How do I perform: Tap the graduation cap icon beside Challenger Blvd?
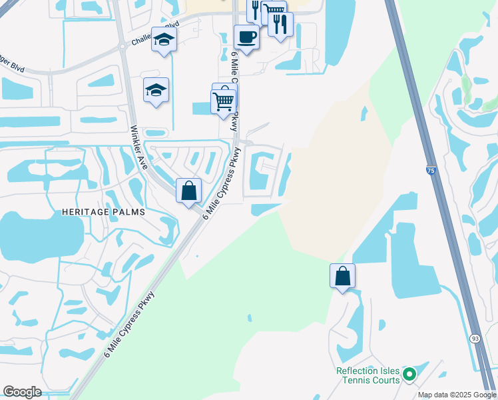click(x=164, y=40)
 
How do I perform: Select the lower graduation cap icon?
click(x=156, y=91)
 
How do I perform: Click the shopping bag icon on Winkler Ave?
click(x=189, y=190)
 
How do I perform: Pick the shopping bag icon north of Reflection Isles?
click(x=342, y=275)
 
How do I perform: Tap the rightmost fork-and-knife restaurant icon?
click(x=280, y=25)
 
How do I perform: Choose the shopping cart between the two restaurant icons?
click(x=272, y=11)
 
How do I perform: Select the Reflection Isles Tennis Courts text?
click(x=368, y=375)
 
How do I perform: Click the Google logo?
click(x=22, y=392)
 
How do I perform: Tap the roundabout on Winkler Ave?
click(x=123, y=47)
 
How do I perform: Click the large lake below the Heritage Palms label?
click(x=40, y=237)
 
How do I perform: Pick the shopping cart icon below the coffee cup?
click(x=223, y=101)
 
